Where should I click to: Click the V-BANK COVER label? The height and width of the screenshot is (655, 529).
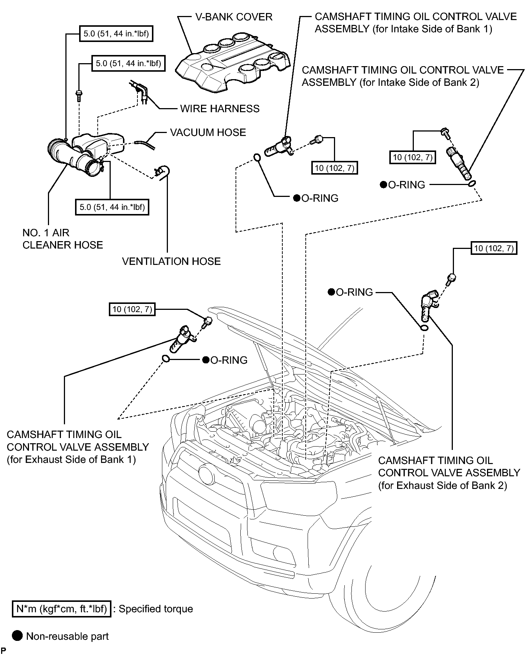point(234,17)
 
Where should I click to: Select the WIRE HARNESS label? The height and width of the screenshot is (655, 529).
point(220,108)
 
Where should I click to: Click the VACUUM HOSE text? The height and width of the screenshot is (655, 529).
point(208,132)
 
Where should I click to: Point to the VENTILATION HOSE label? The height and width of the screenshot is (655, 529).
point(171,261)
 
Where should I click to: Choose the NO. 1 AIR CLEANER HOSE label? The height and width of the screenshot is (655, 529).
point(63,239)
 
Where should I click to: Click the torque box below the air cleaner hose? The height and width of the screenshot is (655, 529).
point(112,207)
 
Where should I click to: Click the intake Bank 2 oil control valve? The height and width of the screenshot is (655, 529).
point(459,163)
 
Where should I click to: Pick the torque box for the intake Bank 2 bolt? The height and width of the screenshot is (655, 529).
point(413,157)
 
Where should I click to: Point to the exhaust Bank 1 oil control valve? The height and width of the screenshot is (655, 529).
point(183,338)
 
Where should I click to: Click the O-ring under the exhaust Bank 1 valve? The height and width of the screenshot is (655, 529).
point(166,359)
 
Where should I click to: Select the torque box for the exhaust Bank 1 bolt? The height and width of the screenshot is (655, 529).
point(132,309)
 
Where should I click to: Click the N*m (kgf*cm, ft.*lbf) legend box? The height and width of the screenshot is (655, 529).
point(62,609)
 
